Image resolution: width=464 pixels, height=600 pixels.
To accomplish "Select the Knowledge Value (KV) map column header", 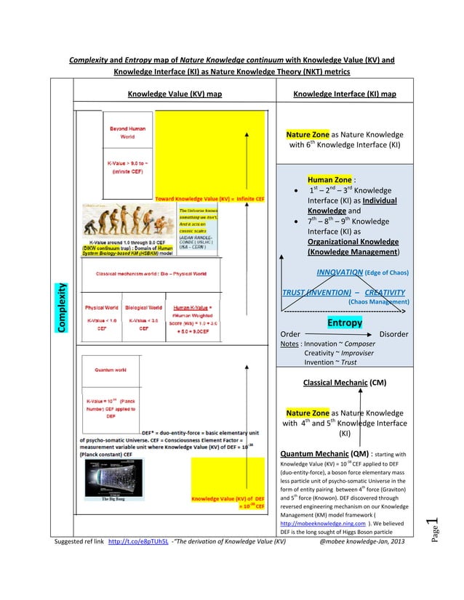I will [x=175, y=94].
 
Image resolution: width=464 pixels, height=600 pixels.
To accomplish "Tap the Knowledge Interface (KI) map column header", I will [x=344, y=94].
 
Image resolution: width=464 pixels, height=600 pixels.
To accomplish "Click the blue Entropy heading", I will [x=344, y=323].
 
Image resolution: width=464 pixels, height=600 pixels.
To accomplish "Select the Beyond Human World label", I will [x=127, y=133].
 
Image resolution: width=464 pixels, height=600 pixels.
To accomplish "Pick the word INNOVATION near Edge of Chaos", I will [x=340, y=272].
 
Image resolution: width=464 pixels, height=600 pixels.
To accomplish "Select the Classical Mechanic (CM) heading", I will [x=344, y=381].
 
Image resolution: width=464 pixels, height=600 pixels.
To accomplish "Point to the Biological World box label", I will [x=144, y=307].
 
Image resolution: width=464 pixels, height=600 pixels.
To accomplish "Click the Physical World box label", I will [x=102, y=307].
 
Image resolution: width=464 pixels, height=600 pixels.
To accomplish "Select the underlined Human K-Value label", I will [x=188, y=307].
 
